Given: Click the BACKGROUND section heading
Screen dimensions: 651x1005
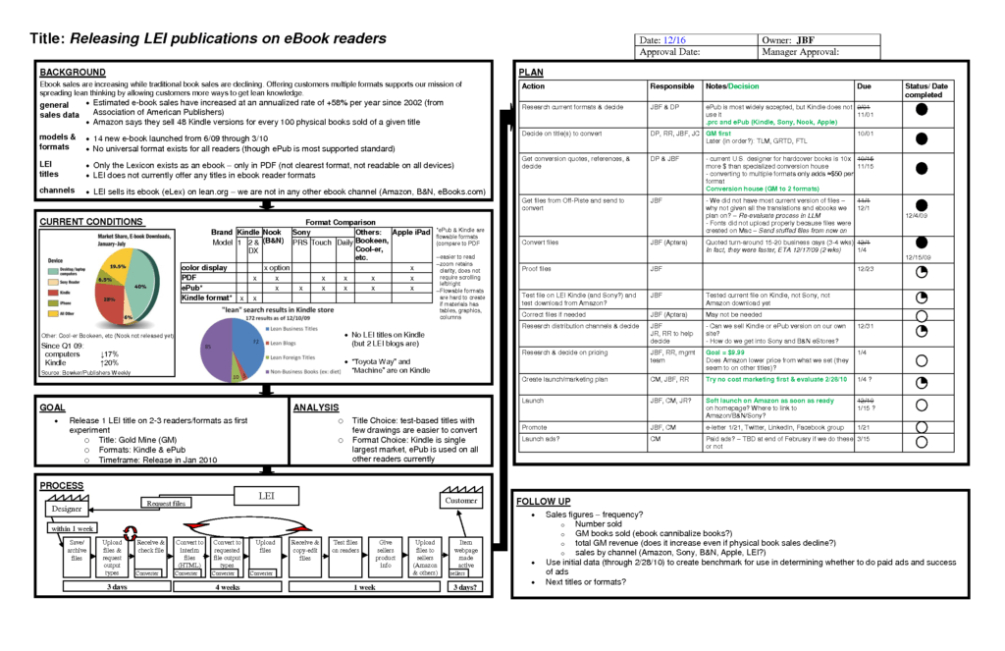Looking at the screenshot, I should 72,73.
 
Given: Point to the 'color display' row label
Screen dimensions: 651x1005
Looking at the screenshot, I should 204,268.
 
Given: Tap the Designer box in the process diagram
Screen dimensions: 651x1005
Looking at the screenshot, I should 68,510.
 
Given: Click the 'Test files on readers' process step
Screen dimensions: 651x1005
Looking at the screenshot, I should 344,547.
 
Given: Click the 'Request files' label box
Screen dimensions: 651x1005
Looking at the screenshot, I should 165,504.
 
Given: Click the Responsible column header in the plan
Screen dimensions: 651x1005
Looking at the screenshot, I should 671,86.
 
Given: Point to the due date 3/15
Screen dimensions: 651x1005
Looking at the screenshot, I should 864,439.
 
